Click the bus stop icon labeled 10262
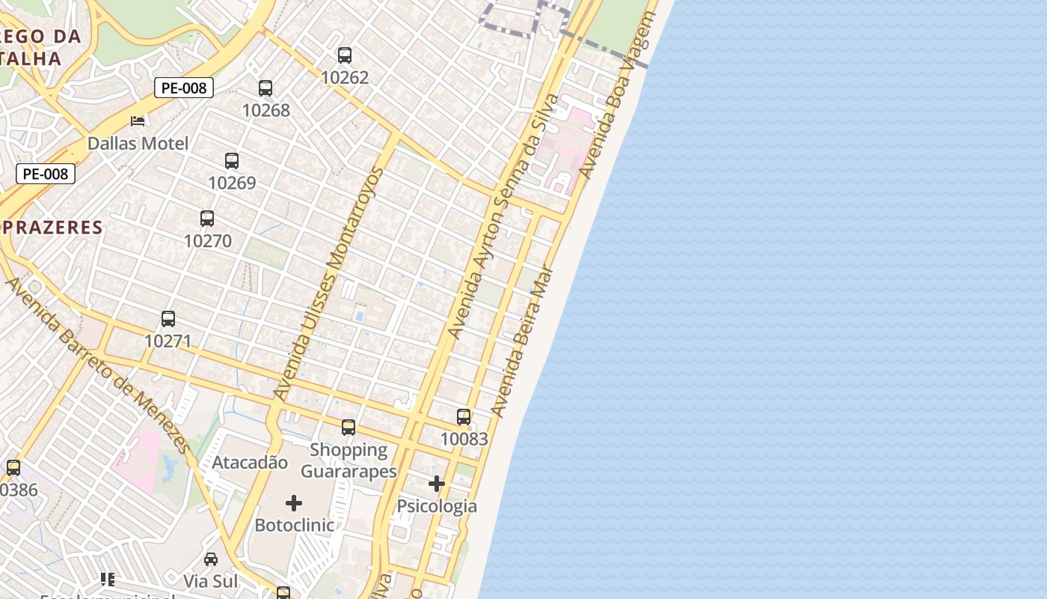pos(345,55)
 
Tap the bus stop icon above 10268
pos(265,88)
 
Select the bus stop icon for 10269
pos(232,161)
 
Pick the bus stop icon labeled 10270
pos(207,219)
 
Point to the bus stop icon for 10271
pos(168,319)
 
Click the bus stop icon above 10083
pos(464,417)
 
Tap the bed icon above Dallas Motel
pos(138,121)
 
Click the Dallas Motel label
pos(138,143)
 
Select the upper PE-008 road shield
pos(184,88)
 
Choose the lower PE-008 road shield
pos(46,174)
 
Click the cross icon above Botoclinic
pos(294,502)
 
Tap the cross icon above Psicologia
pos(437,484)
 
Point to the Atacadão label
pos(250,462)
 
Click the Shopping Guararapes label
pos(349,460)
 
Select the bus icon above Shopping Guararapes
pos(349,428)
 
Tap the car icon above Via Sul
pos(211,559)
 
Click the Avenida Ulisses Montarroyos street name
pos(328,284)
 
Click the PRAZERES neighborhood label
pos(52,228)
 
